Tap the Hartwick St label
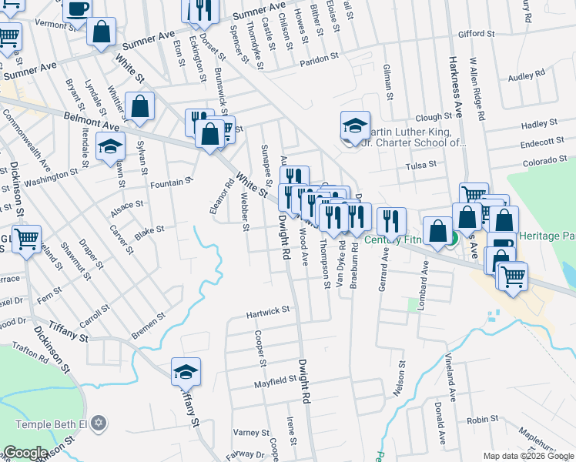(267, 310)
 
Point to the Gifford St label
(475, 34)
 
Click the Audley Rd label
(526, 75)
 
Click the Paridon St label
(319, 58)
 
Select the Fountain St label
(170, 182)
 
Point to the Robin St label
(483, 420)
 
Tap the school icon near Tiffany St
(186, 373)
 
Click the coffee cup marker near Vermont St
(76, 9)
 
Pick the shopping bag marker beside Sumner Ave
(101, 33)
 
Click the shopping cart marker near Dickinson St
(27, 239)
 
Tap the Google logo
(25, 453)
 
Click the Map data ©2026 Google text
(527, 456)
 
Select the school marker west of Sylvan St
(110, 146)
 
